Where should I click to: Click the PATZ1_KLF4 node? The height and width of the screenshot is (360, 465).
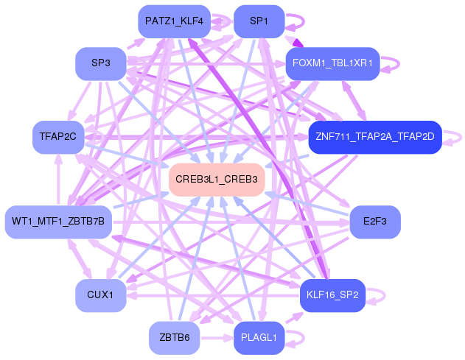[x=175, y=21]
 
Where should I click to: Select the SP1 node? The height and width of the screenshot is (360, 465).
[x=259, y=21]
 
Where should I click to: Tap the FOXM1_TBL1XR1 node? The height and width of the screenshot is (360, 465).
[x=333, y=63]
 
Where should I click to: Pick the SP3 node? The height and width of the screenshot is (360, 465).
[x=101, y=63]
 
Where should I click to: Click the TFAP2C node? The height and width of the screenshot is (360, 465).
[x=58, y=137]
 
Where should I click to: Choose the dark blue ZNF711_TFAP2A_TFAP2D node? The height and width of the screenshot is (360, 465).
[x=375, y=137]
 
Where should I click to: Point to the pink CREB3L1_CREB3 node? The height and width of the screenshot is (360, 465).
[x=217, y=180]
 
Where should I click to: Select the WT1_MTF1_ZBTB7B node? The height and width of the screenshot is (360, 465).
[x=58, y=222]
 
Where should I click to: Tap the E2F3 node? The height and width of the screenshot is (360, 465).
[x=375, y=222]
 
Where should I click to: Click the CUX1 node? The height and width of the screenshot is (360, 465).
[x=101, y=295]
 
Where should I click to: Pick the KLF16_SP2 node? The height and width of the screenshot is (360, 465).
[x=333, y=295]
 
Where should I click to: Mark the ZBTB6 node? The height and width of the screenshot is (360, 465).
[x=175, y=338]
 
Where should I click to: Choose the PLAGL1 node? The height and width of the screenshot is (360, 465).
[x=259, y=338]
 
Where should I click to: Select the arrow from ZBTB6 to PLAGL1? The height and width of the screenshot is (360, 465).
[x=217, y=338]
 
